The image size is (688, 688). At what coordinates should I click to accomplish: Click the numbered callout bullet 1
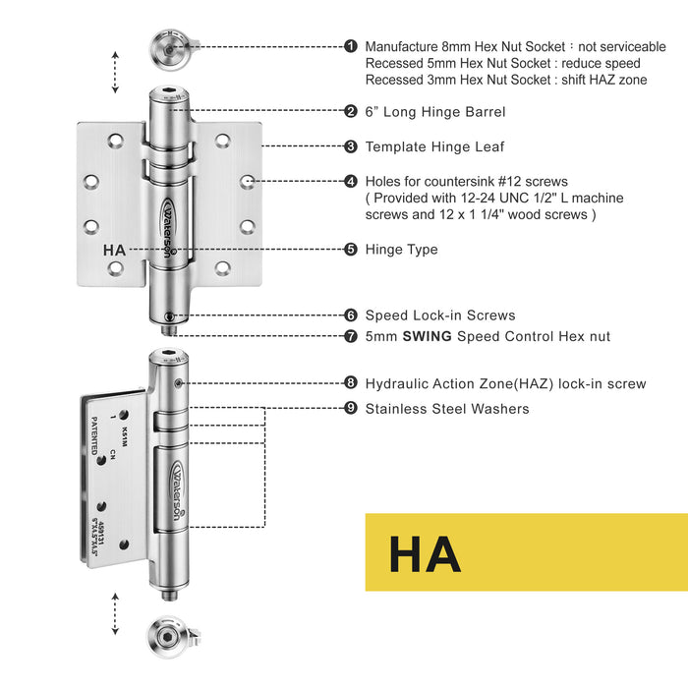(351, 46)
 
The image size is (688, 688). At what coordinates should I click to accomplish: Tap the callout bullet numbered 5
(351, 250)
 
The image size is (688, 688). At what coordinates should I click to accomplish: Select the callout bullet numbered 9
(351, 408)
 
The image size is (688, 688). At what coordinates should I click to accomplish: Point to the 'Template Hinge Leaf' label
(434, 146)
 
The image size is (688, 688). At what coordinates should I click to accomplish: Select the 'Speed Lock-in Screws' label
(439, 315)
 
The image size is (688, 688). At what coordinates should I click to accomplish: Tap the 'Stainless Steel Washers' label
(446, 408)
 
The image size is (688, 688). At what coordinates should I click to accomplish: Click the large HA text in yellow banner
(425, 553)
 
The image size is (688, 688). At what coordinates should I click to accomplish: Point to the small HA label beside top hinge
(114, 250)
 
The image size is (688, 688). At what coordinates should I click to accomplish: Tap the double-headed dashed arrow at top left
(116, 71)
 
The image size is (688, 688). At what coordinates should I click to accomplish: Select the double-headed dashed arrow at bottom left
(116, 613)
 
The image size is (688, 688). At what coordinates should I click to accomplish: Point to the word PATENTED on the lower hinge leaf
(94, 434)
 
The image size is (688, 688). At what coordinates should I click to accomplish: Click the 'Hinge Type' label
(401, 250)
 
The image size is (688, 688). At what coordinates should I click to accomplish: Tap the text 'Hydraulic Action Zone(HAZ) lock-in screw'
(505, 383)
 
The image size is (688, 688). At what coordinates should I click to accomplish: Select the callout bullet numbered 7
(351, 336)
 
